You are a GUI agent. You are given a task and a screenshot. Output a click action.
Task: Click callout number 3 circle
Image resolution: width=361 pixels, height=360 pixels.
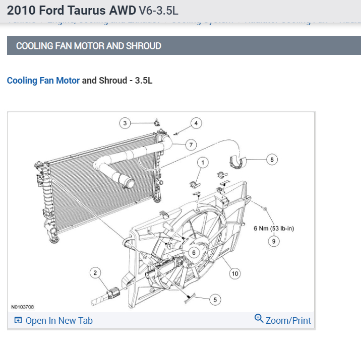click(125, 123)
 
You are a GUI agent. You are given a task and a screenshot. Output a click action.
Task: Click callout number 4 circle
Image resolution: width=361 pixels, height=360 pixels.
click(196, 123)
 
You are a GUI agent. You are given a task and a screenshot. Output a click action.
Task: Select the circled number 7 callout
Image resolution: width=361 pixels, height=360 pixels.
click(191, 145)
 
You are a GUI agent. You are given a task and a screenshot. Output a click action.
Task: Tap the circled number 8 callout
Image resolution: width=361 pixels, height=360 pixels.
click(272, 160)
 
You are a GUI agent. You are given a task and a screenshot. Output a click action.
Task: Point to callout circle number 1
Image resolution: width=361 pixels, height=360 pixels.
click(203, 162)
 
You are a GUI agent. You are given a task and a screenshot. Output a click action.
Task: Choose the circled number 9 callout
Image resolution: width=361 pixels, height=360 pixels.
click(273, 241)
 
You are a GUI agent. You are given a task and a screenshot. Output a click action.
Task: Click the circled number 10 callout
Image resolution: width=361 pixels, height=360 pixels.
click(235, 273)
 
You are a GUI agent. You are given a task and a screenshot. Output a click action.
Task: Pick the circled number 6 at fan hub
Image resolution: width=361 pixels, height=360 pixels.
click(193, 253)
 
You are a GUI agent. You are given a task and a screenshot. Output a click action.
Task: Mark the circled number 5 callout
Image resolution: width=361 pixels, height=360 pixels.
click(215, 300)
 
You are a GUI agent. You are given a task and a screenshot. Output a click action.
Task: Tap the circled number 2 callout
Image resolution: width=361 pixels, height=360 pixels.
click(95, 273)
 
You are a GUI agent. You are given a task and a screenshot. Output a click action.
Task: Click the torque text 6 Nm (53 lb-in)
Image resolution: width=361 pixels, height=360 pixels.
click(274, 228)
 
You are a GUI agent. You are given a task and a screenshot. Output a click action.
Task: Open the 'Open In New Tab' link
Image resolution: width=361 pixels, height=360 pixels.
click(58, 321)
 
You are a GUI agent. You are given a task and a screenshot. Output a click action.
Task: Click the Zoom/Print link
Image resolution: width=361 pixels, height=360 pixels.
click(288, 320)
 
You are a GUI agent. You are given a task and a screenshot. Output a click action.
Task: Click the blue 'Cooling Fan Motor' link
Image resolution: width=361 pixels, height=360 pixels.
click(43, 81)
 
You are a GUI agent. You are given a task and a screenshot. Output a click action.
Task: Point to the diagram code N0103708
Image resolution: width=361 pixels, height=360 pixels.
click(23, 307)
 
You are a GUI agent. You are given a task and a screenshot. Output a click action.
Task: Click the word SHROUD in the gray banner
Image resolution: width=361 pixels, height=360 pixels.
click(144, 46)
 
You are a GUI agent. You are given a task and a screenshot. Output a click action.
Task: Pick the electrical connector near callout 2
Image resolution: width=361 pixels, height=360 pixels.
click(113, 292)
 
